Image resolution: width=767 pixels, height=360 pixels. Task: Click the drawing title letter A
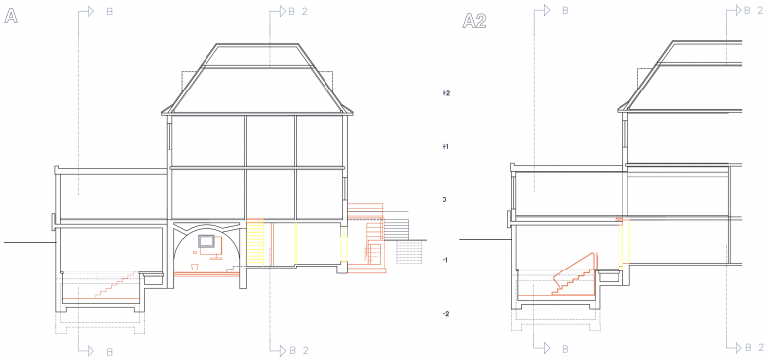pyautogui.click(x=11, y=17)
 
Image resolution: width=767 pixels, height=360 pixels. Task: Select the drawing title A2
pyautogui.click(x=474, y=21)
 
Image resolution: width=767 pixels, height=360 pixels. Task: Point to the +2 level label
pyautogui.click(x=445, y=92)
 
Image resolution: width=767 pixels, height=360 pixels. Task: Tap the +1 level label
pyautogui.click(x=445, y=147)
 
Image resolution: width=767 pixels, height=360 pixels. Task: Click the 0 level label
pyautogui.click(x=444, y=199)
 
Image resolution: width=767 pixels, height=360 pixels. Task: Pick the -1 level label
pyautogui.click(x=445, y=260)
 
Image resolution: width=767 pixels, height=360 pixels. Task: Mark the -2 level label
pyautogui.click(x=445, y=314)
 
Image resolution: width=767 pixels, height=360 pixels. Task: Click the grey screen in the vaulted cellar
pyautogui.click(x=206, y=241)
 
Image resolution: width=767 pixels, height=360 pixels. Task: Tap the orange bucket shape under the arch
pyautogui.click(x=194, y=267)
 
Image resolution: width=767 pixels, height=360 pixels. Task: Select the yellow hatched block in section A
pyautogui.click(x=255, y=243)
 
